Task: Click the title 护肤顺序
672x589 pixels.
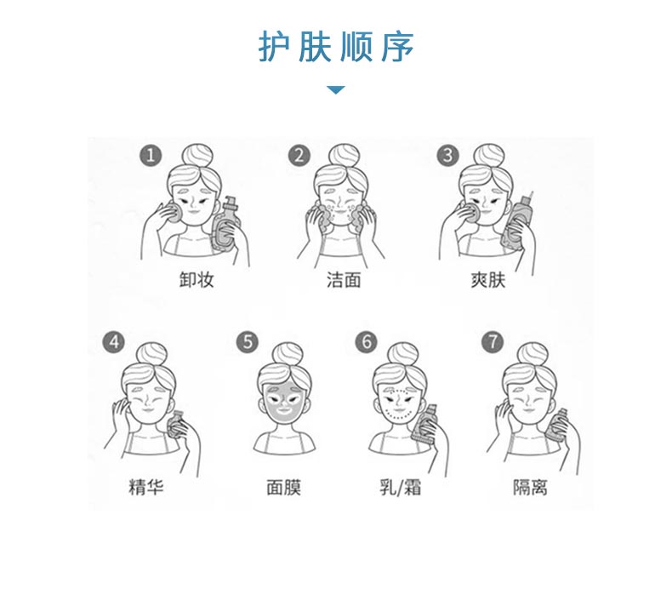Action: tap(336, 48)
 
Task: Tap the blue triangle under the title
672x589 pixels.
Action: tap(336, 89)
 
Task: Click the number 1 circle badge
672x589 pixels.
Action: tap(151, 156)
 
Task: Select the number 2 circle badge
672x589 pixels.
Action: tap(299, 156)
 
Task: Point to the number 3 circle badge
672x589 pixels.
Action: tap(447, 156)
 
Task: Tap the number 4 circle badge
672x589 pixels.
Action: tap(112, 342)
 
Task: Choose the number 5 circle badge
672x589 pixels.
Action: tap(248, 342)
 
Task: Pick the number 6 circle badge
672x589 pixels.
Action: tap(366, 342)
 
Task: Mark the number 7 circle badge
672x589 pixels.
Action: tap(492, 342)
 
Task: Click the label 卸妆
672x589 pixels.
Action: tap(196, 279)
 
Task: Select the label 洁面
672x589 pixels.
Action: tap(344, 279)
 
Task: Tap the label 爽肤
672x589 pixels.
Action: tap(488, 279)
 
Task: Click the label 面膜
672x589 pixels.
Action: tap(283, 488)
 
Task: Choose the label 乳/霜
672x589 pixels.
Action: tap(401, 488)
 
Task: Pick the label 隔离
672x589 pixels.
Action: tap(530, 488)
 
